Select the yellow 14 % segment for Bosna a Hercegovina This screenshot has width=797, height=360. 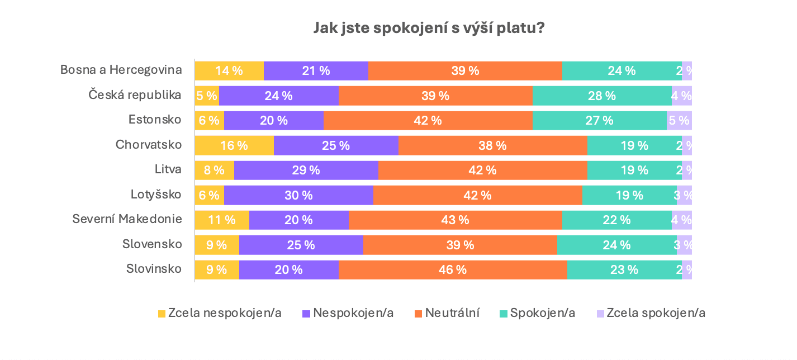point(229,71)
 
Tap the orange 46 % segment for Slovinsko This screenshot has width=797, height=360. point(453,269)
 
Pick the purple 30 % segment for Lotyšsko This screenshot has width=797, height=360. point(298,195)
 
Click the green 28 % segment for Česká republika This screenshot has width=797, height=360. point(602,96)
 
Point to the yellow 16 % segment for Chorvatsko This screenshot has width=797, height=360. point(234,145)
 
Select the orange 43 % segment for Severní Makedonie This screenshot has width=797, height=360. point(455,220)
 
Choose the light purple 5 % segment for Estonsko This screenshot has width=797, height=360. point(679,120)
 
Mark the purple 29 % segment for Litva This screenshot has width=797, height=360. point(306,170)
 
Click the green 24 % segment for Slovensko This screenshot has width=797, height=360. point(617,245)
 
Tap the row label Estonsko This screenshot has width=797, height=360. point(155,120)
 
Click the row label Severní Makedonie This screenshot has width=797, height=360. point(127,219)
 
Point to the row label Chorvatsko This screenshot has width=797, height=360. point(149,144)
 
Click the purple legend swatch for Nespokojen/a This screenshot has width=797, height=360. point(306,314)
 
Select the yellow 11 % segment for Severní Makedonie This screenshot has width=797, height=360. point(222,220)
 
